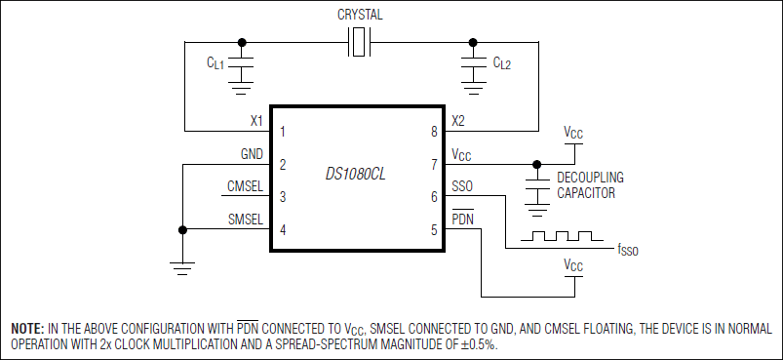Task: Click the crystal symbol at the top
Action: (x=359, y=42)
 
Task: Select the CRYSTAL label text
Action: (x=360, y=15)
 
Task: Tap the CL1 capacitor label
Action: (x=216, y=63)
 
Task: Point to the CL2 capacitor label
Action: (x=502, y=63)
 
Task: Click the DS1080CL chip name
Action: (x=356, y=176)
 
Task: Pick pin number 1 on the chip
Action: (x=283, y=133)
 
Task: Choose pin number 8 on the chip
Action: (x=434, y=133)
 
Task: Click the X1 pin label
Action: (x=256, y=121)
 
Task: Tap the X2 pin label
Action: (x=458, y=121)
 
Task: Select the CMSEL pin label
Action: (x=245, y=186)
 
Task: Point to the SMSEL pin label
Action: (x=245, y=220)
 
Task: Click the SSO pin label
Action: (x=462, y=186)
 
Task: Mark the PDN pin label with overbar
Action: (x=462, y=218)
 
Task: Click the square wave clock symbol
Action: (x=562, y=236)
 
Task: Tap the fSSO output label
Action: (x=628, y=249)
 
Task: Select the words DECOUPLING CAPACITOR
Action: (x=590, y=185)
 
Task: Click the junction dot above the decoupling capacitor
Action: (x=537, y=164)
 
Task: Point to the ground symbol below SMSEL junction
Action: (x=182, y=268)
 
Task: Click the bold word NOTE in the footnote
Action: (x=28, y=329)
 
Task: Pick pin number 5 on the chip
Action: (x=434, y=230)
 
